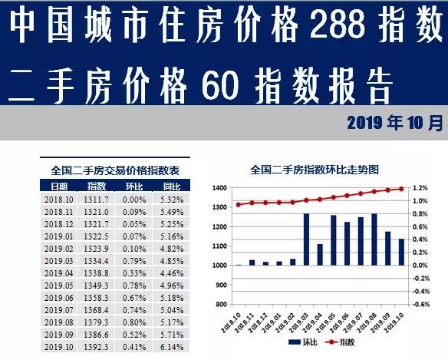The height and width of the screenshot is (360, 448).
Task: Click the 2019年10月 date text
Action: coord(394,123)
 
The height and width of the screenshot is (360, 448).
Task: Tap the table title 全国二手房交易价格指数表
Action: coord(115,170)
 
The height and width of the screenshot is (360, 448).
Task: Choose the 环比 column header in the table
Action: coord(134,187)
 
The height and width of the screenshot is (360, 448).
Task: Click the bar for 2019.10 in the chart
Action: coord(401,252)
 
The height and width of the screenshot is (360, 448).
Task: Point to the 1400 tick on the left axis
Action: coord(219,188)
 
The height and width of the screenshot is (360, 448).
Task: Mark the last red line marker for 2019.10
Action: coord(401,188)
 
